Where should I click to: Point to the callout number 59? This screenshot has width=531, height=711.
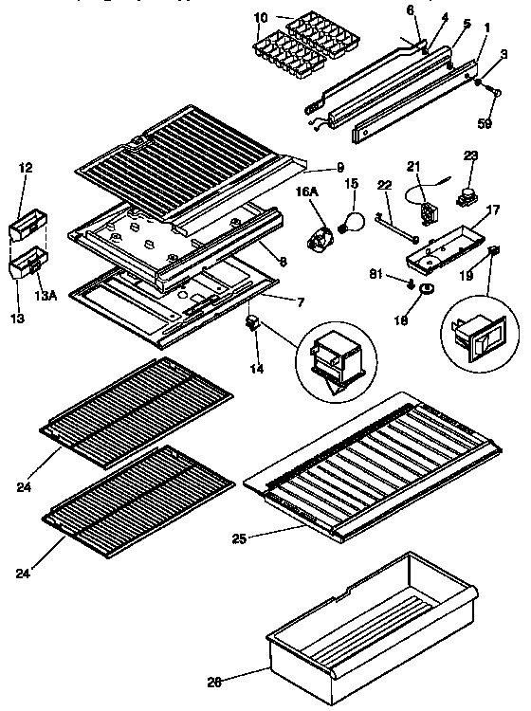click(485, 121)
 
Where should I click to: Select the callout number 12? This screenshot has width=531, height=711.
click(27, 168)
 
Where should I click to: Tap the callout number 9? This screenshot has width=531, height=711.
click(339, 168)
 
